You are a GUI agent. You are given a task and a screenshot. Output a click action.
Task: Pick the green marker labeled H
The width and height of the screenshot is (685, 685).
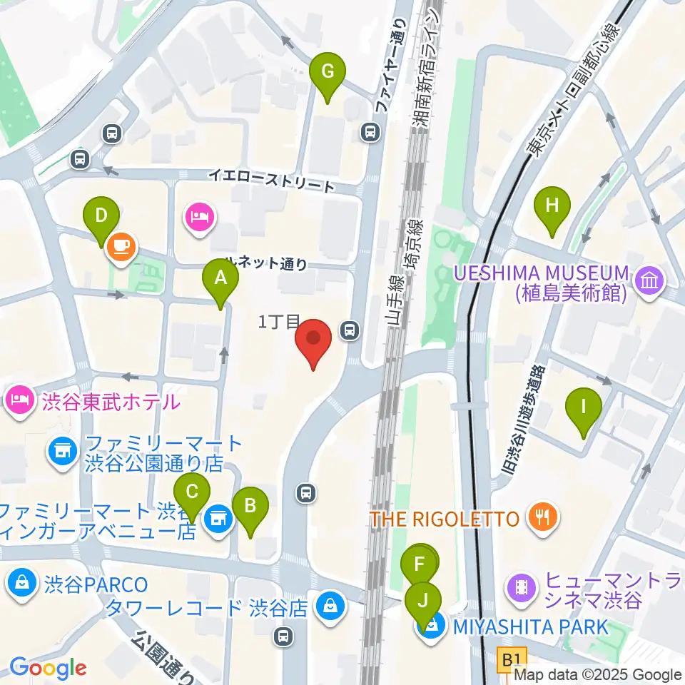(x=552, y=208)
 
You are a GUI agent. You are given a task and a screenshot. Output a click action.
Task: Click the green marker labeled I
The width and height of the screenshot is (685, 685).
(x=583, y=410)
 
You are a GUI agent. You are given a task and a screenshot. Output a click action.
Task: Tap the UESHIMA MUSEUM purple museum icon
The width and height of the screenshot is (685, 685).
(x=651, y=281)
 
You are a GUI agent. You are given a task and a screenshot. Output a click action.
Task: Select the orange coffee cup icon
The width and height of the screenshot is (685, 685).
(x=121, y=247)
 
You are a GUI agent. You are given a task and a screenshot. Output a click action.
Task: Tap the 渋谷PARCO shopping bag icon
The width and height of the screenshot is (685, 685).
(x=21, y=583)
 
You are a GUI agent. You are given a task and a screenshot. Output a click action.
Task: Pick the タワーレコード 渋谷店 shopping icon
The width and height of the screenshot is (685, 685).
(x=330, y=608)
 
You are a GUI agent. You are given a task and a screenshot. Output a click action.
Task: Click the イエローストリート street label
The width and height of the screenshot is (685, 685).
(x=271, y=181)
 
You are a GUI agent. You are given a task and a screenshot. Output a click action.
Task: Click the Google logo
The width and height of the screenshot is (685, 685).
(x=48, y=669)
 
